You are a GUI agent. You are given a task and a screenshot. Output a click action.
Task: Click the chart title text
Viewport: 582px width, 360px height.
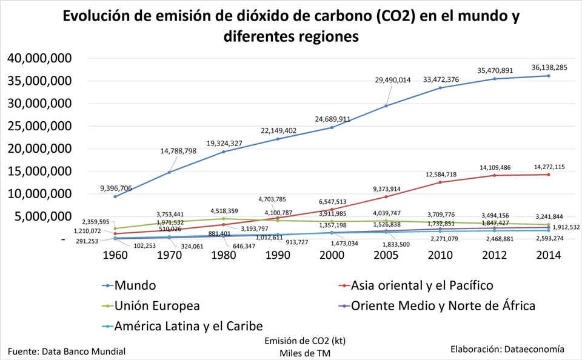[x=291, y=26]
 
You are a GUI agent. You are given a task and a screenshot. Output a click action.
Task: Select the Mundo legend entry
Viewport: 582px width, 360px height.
[x=135, y=285]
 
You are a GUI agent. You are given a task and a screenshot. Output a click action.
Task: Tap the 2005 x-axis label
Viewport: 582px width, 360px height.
[x=386, y=255]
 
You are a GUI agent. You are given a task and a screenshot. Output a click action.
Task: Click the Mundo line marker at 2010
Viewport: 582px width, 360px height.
[x=440, y=88]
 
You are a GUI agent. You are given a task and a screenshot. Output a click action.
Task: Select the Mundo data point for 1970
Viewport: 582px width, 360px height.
[x=169, y=172]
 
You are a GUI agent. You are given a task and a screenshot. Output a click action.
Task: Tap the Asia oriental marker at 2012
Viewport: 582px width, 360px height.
[x=495, y=175]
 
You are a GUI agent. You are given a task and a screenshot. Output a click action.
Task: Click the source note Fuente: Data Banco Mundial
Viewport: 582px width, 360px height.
[x=67, y=351]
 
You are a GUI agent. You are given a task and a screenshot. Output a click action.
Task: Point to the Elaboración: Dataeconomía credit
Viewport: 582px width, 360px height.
[x=507, y=349]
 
